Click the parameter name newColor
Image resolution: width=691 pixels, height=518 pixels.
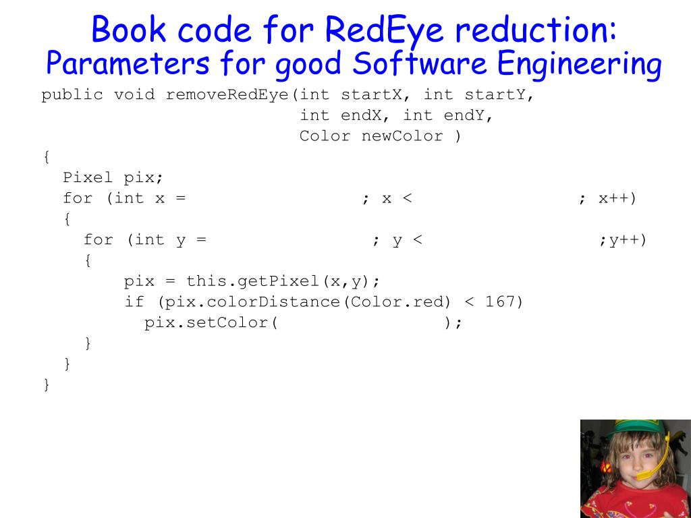click(402, 136)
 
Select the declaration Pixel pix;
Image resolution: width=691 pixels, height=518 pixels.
click(113, 177)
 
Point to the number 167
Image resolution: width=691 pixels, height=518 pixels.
click(500, 301)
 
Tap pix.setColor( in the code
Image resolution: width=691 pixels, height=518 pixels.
click(211, 322)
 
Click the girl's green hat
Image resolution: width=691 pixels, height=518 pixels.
click(628, 428)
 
